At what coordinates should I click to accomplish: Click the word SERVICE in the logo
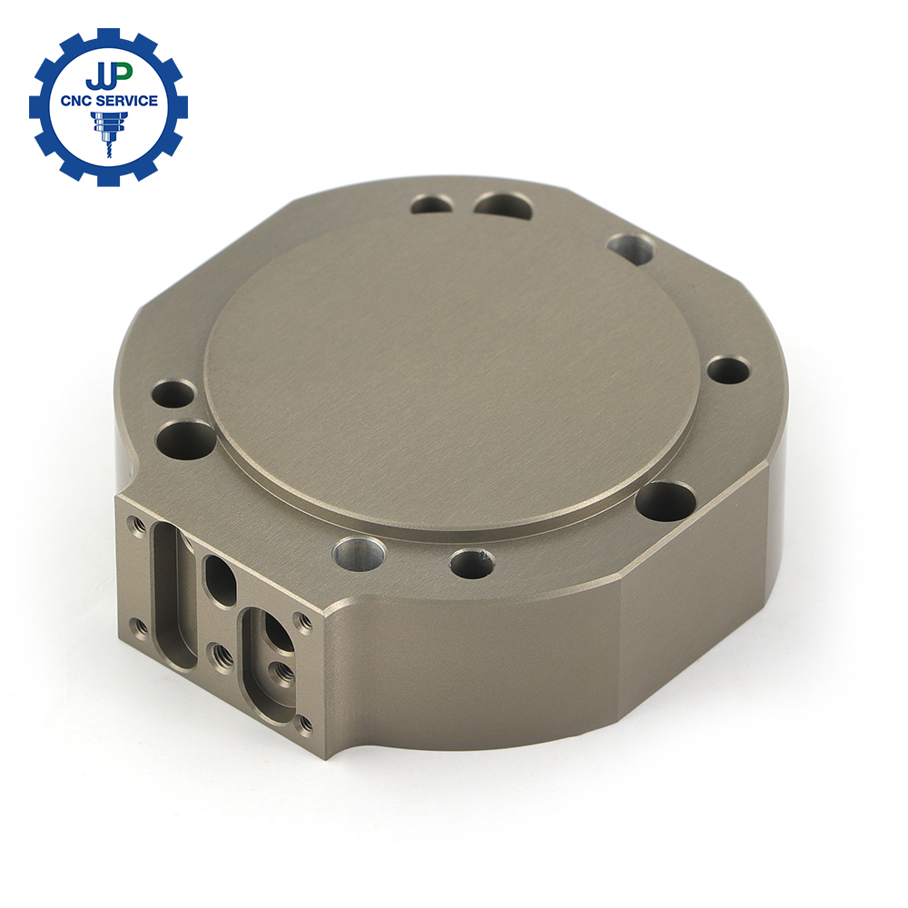pos(128,101)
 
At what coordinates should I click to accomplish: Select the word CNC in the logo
pos(78,102)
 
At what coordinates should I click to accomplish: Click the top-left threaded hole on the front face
pos(138,526)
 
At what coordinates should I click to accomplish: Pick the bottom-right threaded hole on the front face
pos(301,724)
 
